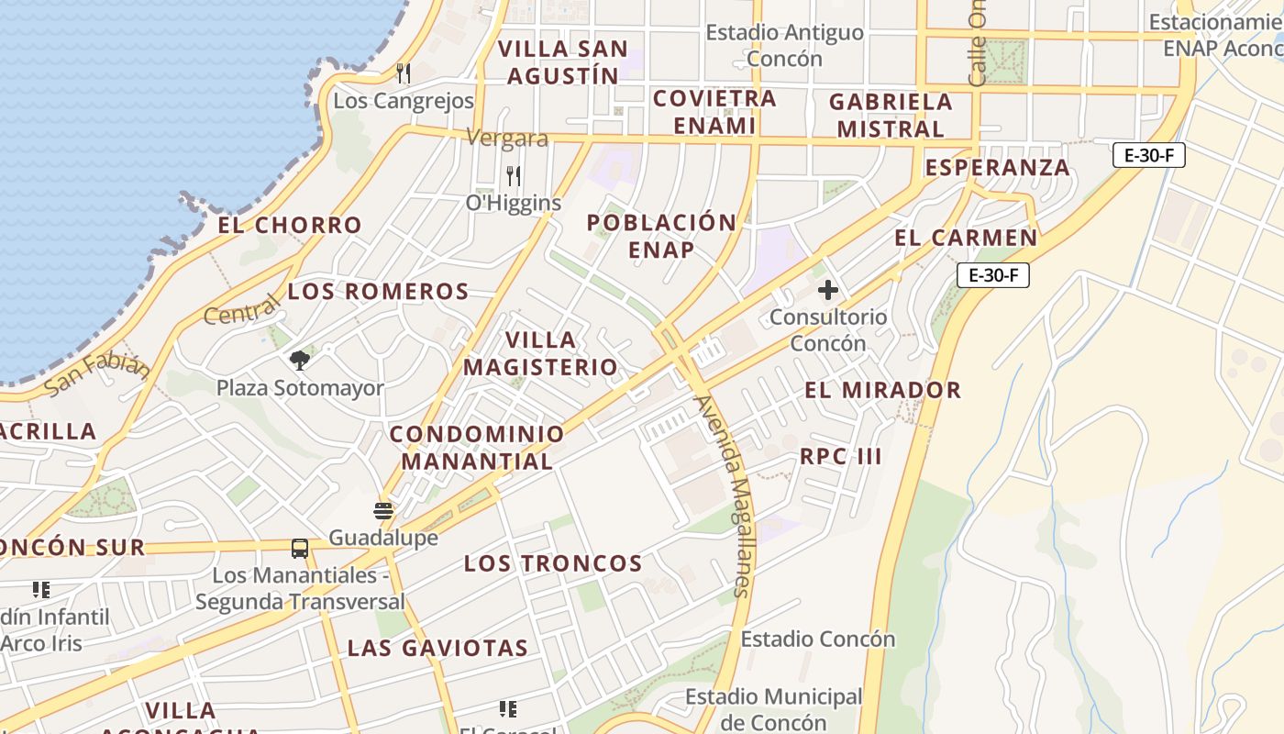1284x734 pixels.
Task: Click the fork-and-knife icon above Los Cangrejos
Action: click(x=403, y=72)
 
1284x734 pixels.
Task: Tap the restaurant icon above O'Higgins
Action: click(x=514, y=175)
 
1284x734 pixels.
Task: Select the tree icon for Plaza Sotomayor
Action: click(x=299, y=360)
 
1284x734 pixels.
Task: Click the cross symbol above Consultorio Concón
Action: click(x=827, y=291)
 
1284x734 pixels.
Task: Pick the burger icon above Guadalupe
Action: click(x=383, y=510)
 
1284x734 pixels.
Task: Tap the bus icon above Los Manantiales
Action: click(x=300, y=549)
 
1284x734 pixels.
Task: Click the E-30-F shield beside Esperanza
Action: click(x=1149, y=155)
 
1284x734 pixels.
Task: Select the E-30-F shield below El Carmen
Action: click(x=993, y=275)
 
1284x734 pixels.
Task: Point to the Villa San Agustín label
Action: click(x=563, y=62)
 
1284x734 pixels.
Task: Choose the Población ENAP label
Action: click(x=661, y=236)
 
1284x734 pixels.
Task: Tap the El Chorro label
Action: click(x=290, y=225)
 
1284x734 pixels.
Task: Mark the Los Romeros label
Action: click(x=378, y=292)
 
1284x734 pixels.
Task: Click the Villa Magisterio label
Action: click(x=540, y=353)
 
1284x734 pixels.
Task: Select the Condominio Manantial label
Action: click(x=477, y=447)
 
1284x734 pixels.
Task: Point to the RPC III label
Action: click(x=840, y=456)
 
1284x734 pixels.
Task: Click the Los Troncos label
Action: click(x=553, y=563)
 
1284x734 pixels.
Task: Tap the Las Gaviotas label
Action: click(x=437, y=648)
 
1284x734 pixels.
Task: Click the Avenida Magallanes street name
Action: click(x=724, y=495)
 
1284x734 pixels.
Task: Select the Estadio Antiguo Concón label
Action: click(x=784, y=46)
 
